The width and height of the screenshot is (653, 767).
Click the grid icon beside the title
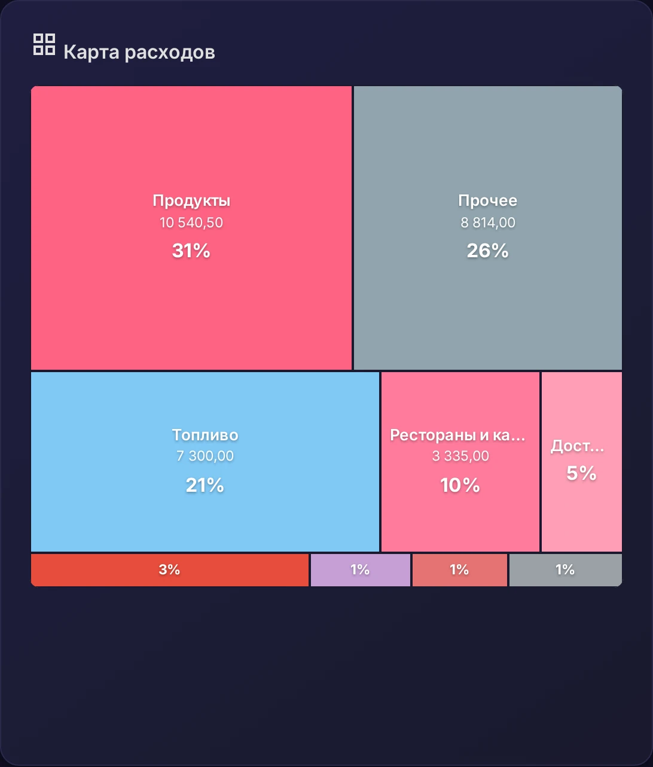[x=44, y=44]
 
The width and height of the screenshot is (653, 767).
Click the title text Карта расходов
[x=139, y=51]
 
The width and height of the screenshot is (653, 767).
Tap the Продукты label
[x=191, y=201]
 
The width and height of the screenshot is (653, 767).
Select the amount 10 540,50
[x=191, y=223]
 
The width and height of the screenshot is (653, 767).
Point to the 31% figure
[x=191, y=251]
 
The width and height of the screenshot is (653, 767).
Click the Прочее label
[x=487, y=201]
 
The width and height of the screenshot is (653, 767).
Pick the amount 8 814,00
[x=487, y=223]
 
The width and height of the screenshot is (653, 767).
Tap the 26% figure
[x=487, y=251]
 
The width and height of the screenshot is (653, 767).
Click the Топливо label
[x=205, y=435]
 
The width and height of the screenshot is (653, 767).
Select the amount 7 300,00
[x=205, y=456]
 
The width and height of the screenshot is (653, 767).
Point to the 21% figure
[x=205, y=485]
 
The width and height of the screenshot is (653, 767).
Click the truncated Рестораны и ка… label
[x=457, y=436]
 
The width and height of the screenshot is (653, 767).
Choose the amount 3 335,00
[x=460, y=456]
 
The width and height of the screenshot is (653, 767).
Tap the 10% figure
[x=460, y=485]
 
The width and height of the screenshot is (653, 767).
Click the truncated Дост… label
[x=577, y=446]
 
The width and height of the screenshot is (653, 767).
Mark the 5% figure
[x=581, y=473]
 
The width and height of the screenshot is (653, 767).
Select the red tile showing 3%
[x=169, y=570]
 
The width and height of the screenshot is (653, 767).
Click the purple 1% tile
[x=361, y=570]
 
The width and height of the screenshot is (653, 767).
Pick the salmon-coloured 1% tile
[x=460, y=570]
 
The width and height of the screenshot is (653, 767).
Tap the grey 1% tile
[x=566, y=570]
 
